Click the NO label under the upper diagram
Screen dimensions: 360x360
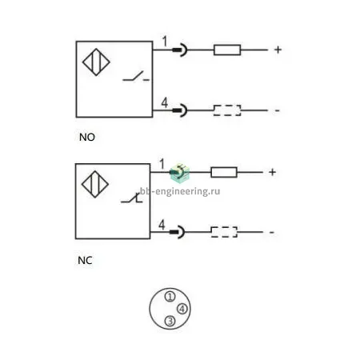[87, 138]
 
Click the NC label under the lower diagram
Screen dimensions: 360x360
[85, 261]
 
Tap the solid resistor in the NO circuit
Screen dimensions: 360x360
[227, 50]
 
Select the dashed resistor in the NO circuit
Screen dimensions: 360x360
[227, 110]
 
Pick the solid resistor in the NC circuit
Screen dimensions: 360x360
[224, 172]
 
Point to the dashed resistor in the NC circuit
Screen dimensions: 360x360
[224, 232]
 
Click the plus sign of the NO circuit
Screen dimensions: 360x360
[278, 50]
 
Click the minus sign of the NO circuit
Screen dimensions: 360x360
[278, 110]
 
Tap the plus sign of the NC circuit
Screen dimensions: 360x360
[272, 172]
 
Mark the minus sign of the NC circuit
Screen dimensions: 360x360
[272, 232]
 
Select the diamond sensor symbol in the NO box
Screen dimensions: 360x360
[96, 62]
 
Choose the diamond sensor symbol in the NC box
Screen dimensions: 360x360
[95, 184]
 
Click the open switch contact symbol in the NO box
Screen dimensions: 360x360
[136, 76]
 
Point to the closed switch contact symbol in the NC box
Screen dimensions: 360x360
[132, 198]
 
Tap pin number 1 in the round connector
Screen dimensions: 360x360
[170, 297]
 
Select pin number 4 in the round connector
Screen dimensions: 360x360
[182, 309]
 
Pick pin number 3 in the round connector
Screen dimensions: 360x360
[170, 321]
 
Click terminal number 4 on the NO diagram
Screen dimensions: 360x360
[165, 103]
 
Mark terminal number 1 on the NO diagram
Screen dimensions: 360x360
[165, 42]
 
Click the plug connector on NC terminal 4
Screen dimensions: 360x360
[178, 232]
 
